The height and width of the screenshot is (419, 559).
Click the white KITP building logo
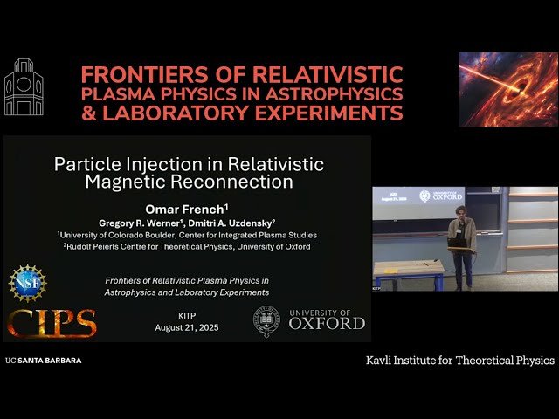click(x=24, y=89)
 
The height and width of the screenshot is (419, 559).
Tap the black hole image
click(x=507, y=89)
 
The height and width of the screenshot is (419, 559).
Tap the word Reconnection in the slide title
click(x=231, y=182)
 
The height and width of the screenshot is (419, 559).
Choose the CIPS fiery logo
click(x=52, y=322)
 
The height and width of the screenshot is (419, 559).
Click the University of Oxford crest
click(x=267, y=322)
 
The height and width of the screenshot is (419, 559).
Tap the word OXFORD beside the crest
click(x=327, y=323)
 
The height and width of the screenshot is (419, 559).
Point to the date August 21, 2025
click(x=187, y=327)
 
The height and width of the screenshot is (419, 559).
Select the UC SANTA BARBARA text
click(x=43, y=360)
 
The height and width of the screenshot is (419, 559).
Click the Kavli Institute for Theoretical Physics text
click(x=459, y=360)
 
